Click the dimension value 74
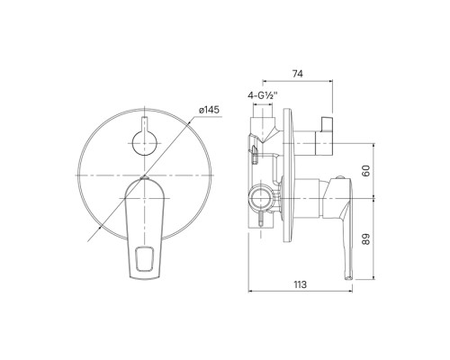click(298, 74)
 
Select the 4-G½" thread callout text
click(262, 95)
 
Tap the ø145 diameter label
click(209, 110)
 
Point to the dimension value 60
click(366, 170)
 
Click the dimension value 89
click(366, 239)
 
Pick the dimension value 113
click(300, 284)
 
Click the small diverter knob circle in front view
click(145, 143)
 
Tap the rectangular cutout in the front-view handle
click(145, 258)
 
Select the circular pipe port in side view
click(261, 198)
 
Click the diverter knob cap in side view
click(327, 124)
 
